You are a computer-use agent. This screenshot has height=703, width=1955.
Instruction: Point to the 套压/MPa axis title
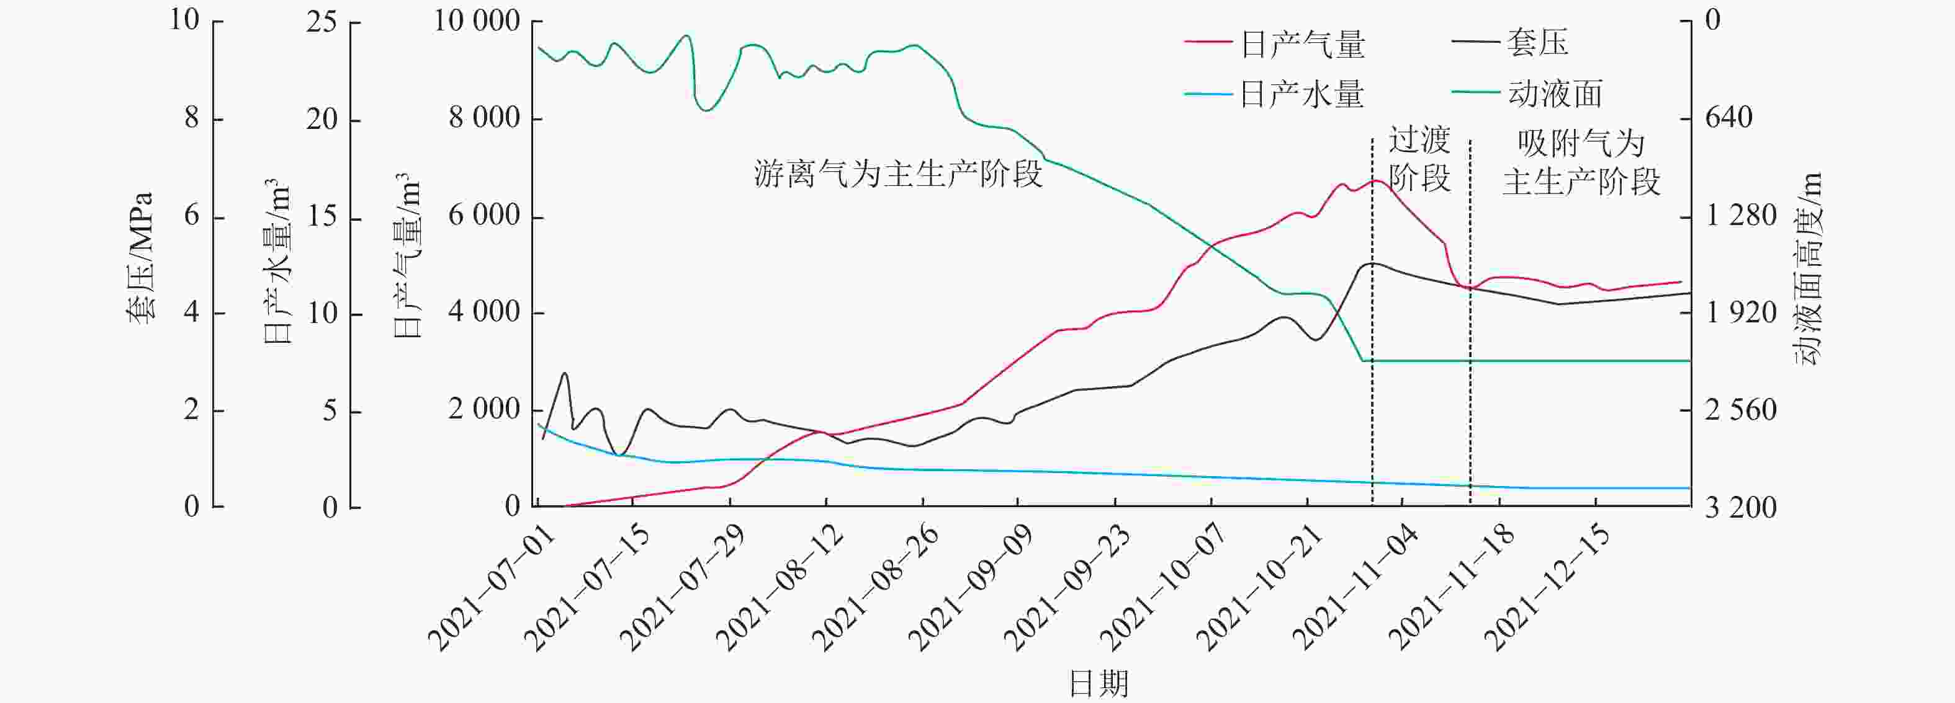click(x=140, y=259)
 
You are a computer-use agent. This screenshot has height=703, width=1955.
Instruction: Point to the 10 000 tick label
click(x=477, y=20)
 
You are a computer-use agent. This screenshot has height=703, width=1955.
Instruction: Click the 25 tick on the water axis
click(x=321, y=21)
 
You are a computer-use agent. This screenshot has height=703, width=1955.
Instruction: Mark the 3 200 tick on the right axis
click(x=1740, y=507)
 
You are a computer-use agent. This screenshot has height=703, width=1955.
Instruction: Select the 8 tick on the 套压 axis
click(x=192, y=118)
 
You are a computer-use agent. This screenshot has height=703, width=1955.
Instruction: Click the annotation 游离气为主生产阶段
click(x=899, y=174)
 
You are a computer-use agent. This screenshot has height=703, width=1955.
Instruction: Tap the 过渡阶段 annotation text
click(x=1419, y=159)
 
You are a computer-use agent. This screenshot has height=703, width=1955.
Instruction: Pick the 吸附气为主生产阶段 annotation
click(x=1581, y=162)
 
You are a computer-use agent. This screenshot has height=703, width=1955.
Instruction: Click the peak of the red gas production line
click(x=1373, y=180)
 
